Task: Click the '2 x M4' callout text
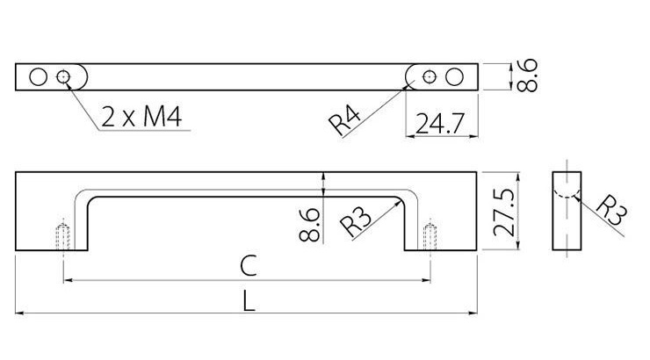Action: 141,117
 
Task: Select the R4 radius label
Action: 344,120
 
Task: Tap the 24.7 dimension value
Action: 440,123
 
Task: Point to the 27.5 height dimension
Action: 504,212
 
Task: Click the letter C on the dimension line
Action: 249,266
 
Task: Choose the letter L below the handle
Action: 249,301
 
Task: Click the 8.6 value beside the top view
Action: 527,75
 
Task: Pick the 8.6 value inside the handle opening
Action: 309,225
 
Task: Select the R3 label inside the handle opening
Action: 355,221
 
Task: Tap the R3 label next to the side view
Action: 611,210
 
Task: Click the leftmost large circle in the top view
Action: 38,77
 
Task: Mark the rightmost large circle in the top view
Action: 454,77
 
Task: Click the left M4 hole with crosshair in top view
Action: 63,76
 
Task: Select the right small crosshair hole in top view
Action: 429,76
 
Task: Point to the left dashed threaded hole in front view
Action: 63,236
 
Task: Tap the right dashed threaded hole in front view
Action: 430,236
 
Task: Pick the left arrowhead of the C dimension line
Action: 69,280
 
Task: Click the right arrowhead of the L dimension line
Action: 473,313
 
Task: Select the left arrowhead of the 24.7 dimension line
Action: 410,135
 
